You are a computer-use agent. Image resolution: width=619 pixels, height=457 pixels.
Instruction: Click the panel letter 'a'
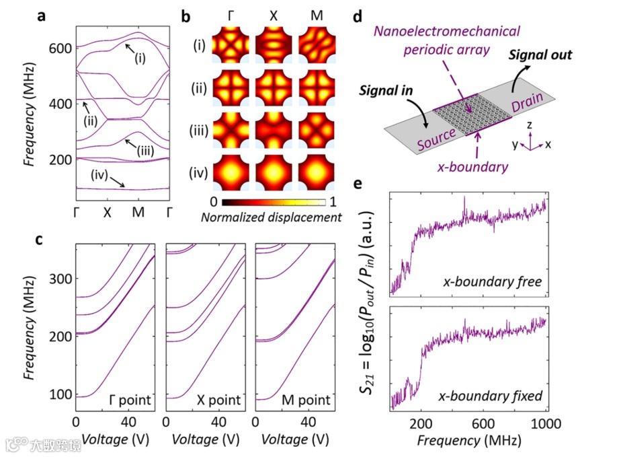point(41,17)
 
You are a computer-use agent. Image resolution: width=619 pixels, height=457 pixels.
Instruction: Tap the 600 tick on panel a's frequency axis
point(60,48)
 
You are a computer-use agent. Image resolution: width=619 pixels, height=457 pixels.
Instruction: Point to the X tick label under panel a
point(107,211)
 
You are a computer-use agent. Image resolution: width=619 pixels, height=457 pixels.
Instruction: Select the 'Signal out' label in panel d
point(540,55)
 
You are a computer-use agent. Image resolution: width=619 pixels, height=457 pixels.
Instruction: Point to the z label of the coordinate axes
point(530,125)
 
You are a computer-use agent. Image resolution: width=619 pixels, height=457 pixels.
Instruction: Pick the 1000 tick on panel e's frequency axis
point(544,423)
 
